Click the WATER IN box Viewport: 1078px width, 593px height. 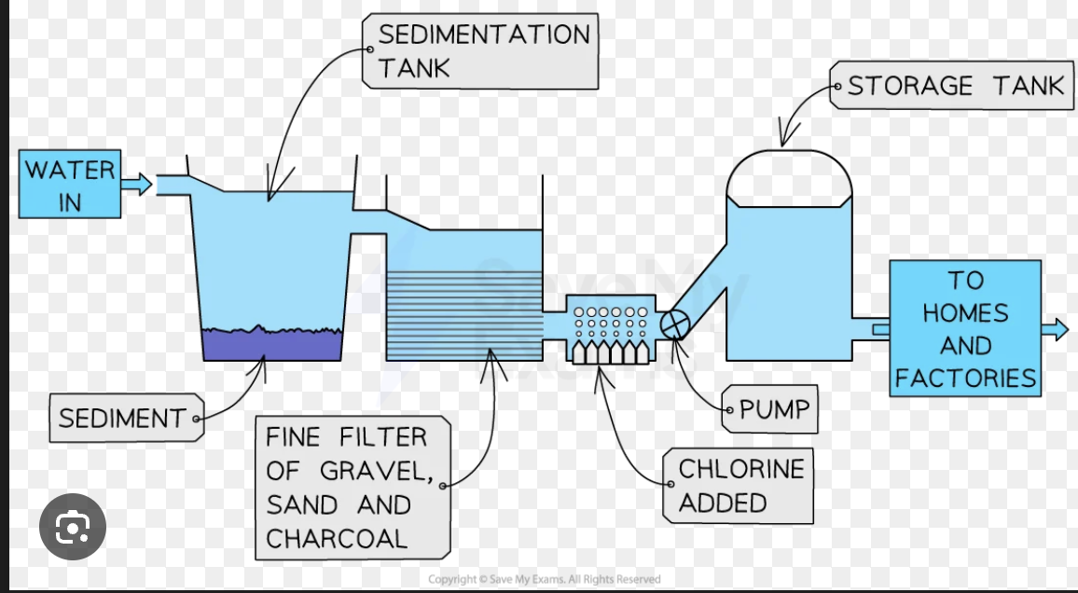[x=71, y=186]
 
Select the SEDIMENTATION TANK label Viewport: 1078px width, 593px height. [x=482, y=51]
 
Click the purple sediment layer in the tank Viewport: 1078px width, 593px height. [x=271, y=345]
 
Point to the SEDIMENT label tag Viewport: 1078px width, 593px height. [x=122, y=419]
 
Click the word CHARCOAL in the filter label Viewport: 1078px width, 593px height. [x=337, y=538]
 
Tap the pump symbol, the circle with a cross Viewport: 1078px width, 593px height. [x=673, y=324]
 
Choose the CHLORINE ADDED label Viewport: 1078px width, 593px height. [x=739, y=485]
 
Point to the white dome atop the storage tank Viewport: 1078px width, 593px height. [x=789, y=177]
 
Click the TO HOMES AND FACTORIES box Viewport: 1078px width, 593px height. [x=964, y=328]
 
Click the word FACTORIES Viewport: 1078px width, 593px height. [x=965, y=378]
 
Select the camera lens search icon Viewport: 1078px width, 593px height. [x=72, y=529]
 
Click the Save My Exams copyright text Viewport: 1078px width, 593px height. [x=544, y=579]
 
